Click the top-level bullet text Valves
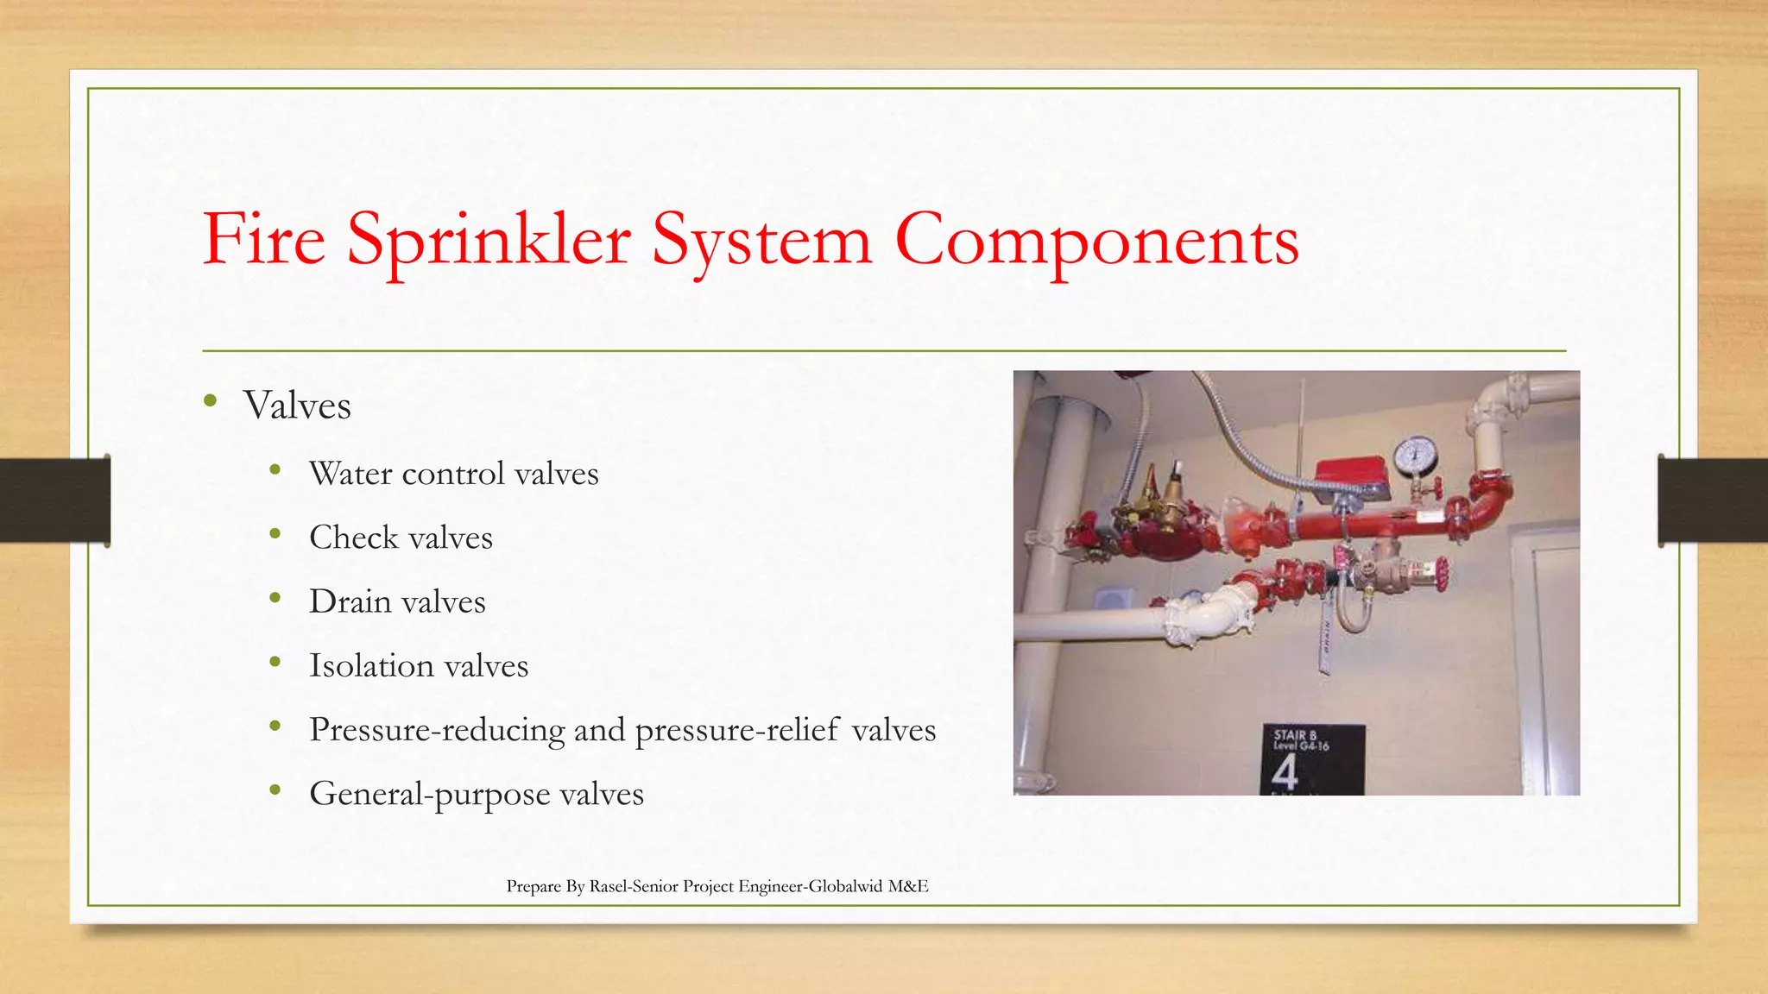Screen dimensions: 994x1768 pos(297,406)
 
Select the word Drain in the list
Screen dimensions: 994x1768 pos(350,601)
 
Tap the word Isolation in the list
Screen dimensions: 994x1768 pos(371,665)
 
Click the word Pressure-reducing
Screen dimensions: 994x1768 pos(437,730)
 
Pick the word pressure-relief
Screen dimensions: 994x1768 pos(737,730)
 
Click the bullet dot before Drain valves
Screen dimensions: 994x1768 pos(275,597)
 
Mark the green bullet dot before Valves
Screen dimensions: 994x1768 pos(210,400)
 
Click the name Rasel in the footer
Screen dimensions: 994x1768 pos(609,886)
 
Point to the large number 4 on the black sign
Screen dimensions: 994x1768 pos(1285,771)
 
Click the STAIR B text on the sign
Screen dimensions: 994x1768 pos(1295,734)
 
